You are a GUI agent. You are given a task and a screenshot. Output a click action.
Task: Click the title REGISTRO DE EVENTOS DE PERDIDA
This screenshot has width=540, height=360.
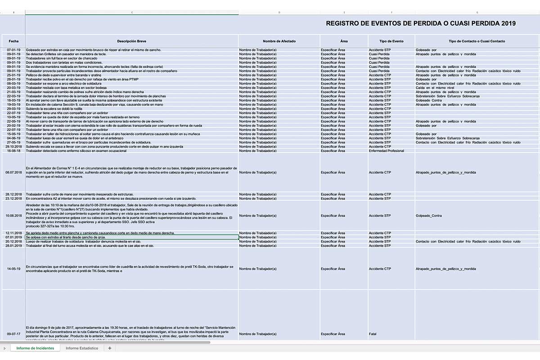pyautogui.click(x=420, y=23)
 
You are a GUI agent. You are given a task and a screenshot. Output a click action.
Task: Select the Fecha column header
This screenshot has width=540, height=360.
pyautogui.click(x=13, y=41)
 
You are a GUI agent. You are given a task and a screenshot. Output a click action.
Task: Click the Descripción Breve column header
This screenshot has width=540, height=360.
pyautogui.click(x=131, y=41)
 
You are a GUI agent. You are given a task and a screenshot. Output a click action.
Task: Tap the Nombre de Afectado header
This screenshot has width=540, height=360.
pyautogui.click(x=279, y=41)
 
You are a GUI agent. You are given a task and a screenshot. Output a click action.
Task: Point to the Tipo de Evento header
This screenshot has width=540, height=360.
pyautogui.click(x=391, y=41)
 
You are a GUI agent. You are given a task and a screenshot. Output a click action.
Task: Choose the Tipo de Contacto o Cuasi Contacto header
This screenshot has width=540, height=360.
pyautogui.click(x=477, y=41)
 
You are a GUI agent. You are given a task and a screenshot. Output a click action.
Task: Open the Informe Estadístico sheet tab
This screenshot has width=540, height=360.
pyautogui.click(x=81, y=348)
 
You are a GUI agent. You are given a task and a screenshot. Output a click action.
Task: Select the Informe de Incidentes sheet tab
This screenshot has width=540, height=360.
pyautogui.click(x=35, y=348)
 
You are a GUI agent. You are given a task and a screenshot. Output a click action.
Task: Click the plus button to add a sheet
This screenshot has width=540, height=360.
pyautogui.click(x=109, y=348)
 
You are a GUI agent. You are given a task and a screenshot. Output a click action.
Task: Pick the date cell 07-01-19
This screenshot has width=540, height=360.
pyautogui.click(x=13, y=49)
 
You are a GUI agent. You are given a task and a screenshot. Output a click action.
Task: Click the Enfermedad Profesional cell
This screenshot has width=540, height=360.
pyautogui.click(x=386, y=151)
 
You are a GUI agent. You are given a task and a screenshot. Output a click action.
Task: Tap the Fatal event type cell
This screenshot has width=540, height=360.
pyautogui.click(x=373, y=334)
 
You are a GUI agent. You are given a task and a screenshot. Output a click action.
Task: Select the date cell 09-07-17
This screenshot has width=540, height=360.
pyautogui.click(x=13, y=334)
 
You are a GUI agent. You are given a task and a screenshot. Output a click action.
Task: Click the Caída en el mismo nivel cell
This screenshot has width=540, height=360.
pyautogui.click(x=435, y=88)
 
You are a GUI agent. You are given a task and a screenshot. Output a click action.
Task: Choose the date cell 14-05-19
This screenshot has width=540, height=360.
pyautogui.click(x=13, y=269)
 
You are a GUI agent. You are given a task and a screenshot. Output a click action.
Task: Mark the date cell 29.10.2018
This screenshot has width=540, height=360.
pyautogui.click(x=13, y=147)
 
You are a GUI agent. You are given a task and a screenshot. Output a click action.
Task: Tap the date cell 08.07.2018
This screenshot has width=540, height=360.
pyautogui.click(x=13, y=172)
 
